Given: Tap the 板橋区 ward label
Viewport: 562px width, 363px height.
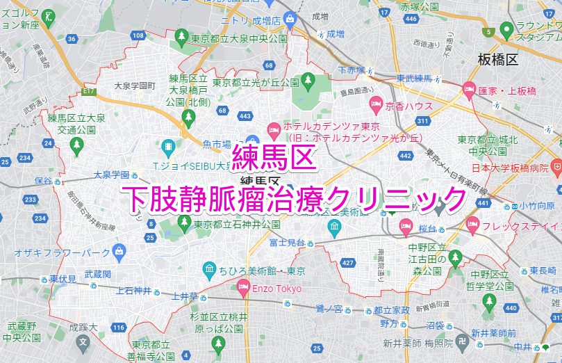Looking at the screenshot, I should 499,60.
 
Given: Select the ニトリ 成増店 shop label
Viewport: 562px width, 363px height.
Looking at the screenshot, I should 251,20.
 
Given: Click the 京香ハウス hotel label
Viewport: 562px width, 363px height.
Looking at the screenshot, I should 409,106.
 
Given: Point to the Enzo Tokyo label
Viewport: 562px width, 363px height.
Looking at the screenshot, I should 276,288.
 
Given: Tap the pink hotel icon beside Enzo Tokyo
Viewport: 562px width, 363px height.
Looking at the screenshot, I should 243,286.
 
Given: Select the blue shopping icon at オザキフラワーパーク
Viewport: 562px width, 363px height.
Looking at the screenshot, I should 119,250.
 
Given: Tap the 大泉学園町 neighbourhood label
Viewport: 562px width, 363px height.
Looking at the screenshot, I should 135,86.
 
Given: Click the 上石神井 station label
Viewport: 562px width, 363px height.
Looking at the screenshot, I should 133,291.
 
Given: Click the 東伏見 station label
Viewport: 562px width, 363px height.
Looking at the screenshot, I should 63,279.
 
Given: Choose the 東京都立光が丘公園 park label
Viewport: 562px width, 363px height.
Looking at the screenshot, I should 256,83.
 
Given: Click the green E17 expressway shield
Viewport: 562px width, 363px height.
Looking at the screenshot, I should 88,91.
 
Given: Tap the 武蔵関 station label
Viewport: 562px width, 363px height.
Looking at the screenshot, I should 97,275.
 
